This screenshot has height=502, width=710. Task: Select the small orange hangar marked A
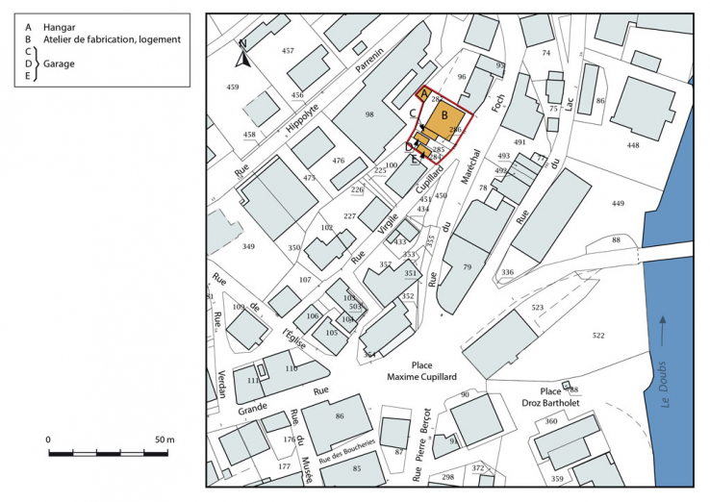(423, 93)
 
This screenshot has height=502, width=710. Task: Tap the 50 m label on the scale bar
(165, 439)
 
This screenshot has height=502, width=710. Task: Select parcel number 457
(288, 50)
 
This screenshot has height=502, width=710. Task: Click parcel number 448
(632, 145)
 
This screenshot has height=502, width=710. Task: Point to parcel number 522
(598, 335)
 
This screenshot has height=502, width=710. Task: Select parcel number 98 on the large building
(368, 115)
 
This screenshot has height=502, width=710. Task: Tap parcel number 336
(507, 273)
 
